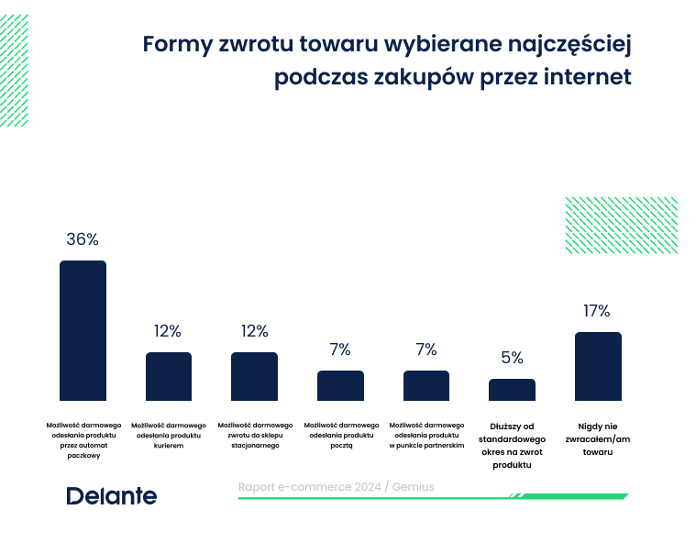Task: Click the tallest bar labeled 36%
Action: [83, 330]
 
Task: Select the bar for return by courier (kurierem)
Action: [169, 376]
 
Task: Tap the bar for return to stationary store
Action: [254, 376]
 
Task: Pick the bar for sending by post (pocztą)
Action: [340, 385]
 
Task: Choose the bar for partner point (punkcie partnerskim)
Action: [426, 385]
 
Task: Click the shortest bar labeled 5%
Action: [512, 390]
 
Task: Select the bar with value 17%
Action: [598, 366]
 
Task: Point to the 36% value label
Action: [83, 239]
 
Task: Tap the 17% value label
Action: [597, 312]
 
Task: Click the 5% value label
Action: [512, 358]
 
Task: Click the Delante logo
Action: [111, 496]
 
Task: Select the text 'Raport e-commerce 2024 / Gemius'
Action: [336, 487]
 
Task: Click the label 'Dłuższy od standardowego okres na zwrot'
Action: [512, 445]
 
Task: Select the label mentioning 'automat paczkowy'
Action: [83, 439]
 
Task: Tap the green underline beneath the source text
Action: [431, 497]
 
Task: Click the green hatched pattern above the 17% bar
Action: [621, 225]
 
